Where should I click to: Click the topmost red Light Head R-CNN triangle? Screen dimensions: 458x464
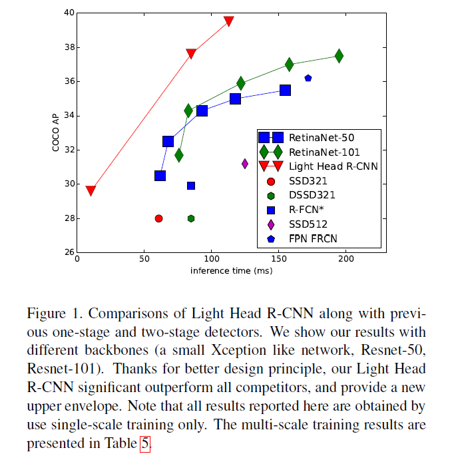click(228, 21)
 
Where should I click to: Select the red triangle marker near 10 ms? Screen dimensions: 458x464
click(91, 191)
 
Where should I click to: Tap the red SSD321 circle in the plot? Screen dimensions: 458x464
click(158, 218)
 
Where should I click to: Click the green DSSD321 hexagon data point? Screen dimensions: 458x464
click(191, 218)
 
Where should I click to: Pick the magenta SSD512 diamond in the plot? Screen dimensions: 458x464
click(245, 164)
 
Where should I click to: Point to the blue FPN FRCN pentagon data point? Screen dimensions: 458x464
click(308, 78)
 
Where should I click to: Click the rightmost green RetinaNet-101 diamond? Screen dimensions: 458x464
click(339, 56)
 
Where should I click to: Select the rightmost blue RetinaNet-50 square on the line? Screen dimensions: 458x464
click(285, 90)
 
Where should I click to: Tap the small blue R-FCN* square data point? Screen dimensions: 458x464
click(191, 186)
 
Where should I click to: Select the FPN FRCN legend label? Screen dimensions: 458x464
click(313, 238)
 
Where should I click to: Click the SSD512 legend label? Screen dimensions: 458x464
click(308, 224)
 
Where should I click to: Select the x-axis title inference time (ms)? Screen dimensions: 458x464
click(231, 270)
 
